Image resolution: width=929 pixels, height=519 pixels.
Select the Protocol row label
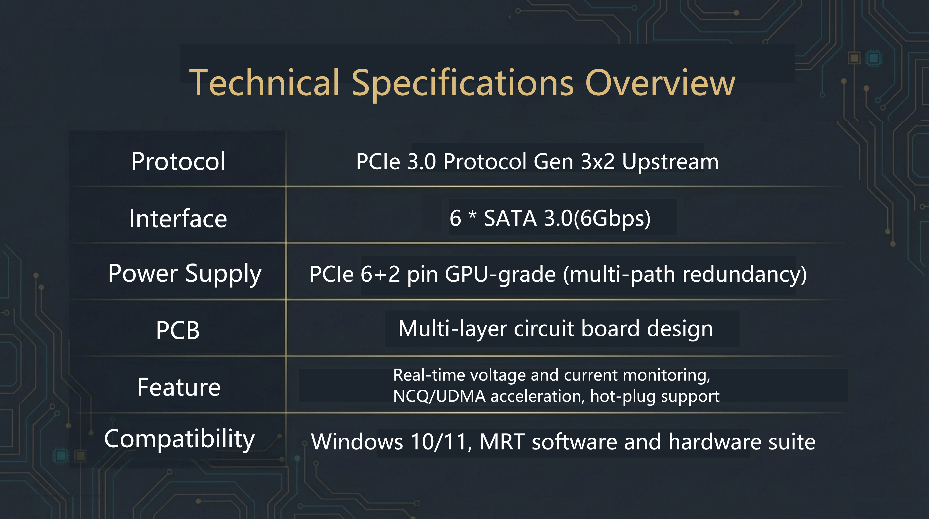click(x=178, y=161)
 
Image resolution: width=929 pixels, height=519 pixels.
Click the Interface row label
click(x=178, y=218)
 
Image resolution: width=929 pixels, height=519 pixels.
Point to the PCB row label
click(x=178, y=330)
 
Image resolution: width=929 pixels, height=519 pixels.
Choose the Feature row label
click(x=179, y=387)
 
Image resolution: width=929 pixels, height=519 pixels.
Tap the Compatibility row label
click(x=179, y=439)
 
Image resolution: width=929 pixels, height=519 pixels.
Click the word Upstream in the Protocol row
click(x=670, y=162)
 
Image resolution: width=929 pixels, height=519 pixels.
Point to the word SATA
click(x=510, y=218)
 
